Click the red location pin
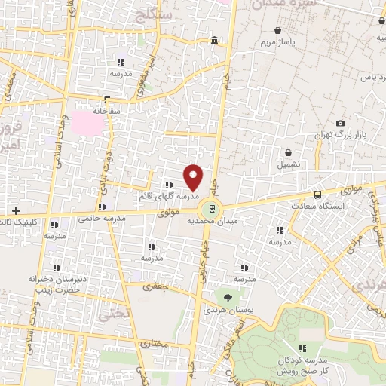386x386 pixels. pyautogui.click(x=194, y=178)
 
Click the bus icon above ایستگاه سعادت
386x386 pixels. pyautogui.click(x=318, y=194)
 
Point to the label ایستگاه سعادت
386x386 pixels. pyautogui.click(x=323, y=205)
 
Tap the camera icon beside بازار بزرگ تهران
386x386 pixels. pyautogui.click(x=341, y=124)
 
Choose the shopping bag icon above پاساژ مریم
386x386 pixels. pyautogui.click(x=280, y=31)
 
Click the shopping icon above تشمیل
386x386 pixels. pyautogui.click(x=289, y=152)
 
